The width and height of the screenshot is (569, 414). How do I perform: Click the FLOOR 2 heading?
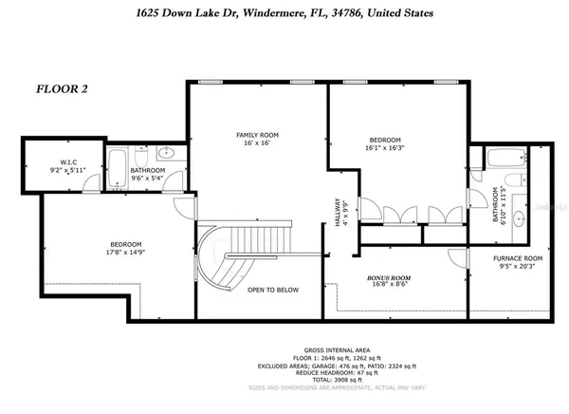(x=62, y=89)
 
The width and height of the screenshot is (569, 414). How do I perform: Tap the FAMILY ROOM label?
(x=255, y=135)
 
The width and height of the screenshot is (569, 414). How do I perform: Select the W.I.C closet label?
(x=47, y=160)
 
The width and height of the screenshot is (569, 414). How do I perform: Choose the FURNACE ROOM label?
(x=517, y=258)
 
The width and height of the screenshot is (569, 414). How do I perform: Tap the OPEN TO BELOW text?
(x=268, y=290)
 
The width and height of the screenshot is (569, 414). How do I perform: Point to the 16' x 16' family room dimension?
(x=255, y=144)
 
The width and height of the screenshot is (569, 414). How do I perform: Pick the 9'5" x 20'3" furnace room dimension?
(x=517, y=268)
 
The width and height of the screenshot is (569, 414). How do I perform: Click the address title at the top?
(x=285, y=13)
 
